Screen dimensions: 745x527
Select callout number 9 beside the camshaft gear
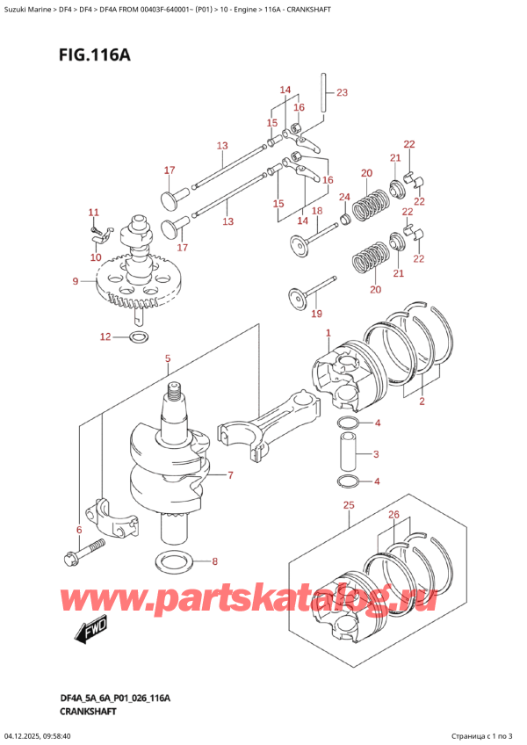76,281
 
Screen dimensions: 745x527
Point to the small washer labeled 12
139,337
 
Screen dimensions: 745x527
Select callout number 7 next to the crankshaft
230,476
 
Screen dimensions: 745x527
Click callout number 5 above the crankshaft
168,358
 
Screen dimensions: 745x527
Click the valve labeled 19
307,294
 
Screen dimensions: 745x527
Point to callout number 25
349,505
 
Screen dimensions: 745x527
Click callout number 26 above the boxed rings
393,515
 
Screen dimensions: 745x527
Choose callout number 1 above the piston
328,333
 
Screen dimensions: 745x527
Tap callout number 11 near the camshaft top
94,213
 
